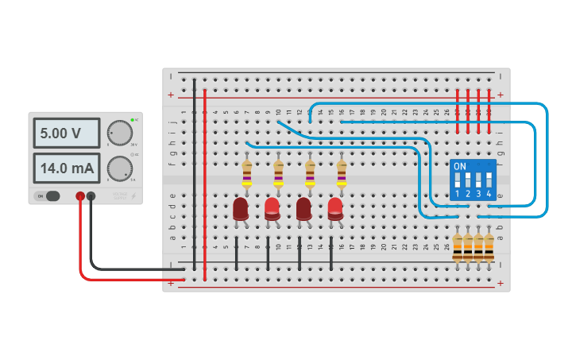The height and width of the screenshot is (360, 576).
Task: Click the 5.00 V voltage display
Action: tap(66, 134)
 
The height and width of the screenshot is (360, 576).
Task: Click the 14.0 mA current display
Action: tap(66, 168)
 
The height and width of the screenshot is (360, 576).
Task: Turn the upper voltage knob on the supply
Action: tap(119, 132)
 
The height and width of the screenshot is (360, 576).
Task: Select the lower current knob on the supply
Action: tap(119, 168)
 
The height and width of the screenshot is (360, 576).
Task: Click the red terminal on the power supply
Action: tap(80, 196)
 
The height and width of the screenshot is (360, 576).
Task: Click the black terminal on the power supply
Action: tap(91, 196)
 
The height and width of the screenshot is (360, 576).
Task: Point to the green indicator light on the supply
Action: tap(133, 120)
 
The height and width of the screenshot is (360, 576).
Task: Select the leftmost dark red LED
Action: tap(241, 209)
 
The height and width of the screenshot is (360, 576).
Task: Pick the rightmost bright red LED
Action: tap(335, 208)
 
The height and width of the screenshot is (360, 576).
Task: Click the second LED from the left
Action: tap(272, 208)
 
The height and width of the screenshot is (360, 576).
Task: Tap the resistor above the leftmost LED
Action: tap(246, 174)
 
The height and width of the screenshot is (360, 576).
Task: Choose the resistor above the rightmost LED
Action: tap(342, 174)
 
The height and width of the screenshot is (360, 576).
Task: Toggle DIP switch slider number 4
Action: tap(489, 178)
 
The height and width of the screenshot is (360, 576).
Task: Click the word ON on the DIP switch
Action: tap(460, 166)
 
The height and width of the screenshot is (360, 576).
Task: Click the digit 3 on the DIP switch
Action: tap(478, 194)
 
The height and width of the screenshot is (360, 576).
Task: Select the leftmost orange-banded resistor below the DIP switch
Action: tap(458, 246)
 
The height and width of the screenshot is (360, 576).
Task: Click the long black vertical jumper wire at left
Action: tap(195, 175)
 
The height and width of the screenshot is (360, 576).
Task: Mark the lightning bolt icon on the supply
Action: tap(133, 195)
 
